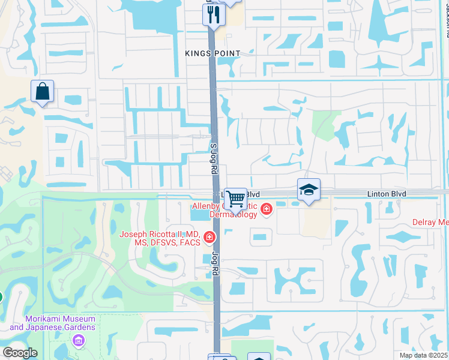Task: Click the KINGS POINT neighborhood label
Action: [213, 53]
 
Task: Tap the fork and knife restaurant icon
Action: [214, 14]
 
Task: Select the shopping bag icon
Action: [43, 92]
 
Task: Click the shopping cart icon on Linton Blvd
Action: [235, 198]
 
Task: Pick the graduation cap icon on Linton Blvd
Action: [309, 190]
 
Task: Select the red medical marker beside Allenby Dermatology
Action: [266, 209]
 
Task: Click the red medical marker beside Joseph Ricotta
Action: [209, 238]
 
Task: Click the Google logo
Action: [19, 353]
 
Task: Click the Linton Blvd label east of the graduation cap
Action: [387, 194]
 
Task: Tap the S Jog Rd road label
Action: [213, 158]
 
